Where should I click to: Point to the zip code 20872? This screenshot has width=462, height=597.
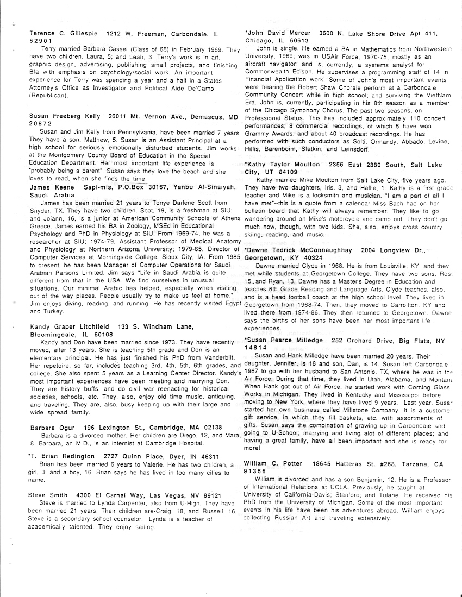pyautogui.click(x=40, y=124)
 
